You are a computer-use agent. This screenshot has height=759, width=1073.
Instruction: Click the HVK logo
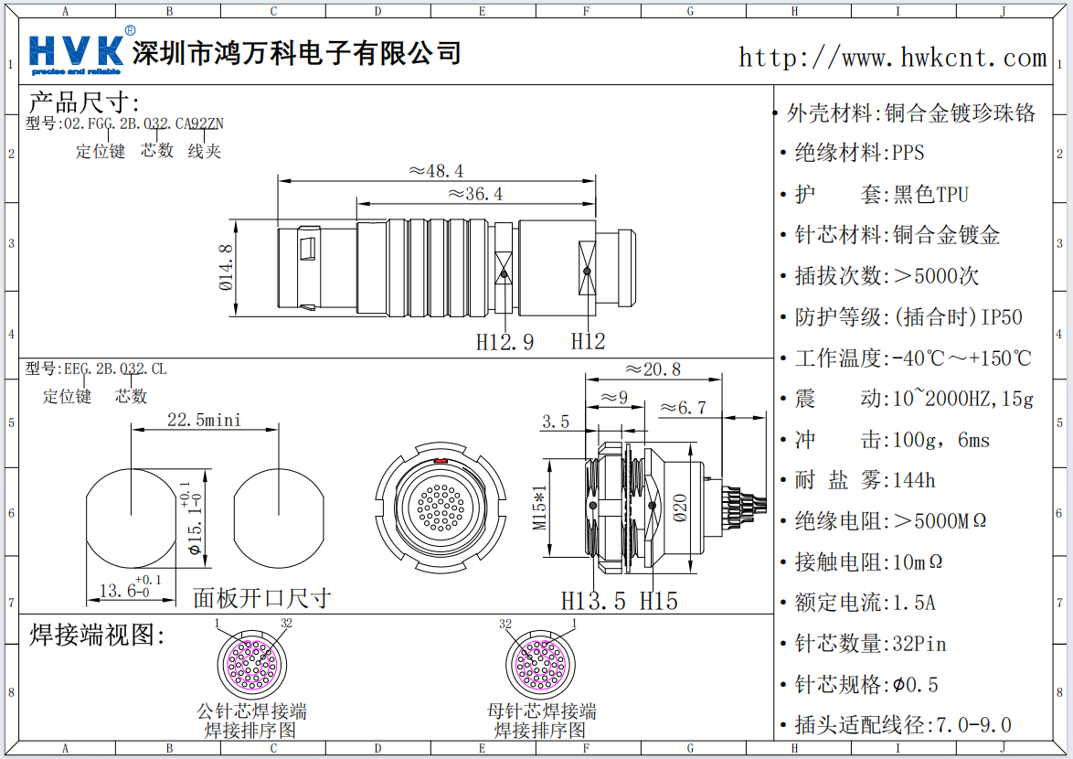tap(77, 52)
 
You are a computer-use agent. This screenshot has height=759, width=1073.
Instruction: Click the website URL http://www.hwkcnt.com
tap(892, 58)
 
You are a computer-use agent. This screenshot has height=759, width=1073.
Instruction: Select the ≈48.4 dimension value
tap(436, 171)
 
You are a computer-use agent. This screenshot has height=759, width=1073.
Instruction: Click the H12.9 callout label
tap(505, 342)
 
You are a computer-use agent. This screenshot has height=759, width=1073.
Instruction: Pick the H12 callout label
tap(588, 342)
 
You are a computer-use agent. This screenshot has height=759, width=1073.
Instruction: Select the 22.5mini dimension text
tap(204, 419)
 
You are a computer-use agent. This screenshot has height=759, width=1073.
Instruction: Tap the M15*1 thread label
tap(540, 508)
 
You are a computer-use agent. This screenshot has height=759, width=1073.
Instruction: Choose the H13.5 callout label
tap(593, 601)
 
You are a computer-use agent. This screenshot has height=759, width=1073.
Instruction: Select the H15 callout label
tap(658, 601)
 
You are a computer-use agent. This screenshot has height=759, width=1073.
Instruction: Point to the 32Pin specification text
tap(919, 644)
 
